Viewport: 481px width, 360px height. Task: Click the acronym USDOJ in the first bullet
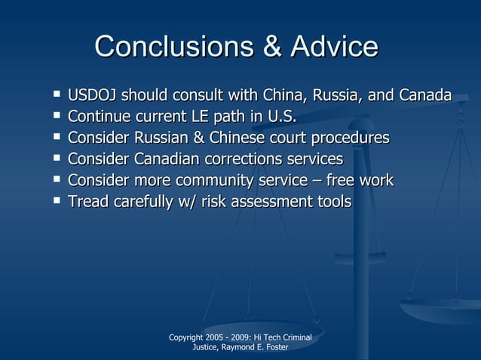tap(93, 96)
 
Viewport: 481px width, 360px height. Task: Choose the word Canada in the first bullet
tap(425, 96)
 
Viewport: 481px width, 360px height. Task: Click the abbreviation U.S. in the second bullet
tap(279, 117)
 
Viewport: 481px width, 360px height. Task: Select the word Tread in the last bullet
tap(87, 201)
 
